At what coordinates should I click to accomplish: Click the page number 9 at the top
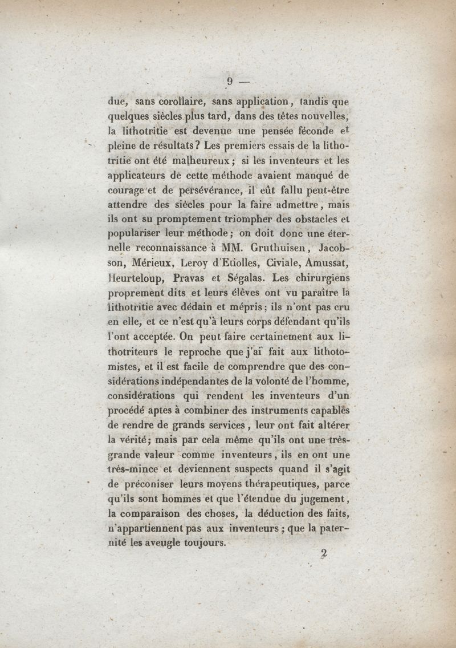(x=230, y=81)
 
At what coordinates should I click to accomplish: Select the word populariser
(x=137, y=234)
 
